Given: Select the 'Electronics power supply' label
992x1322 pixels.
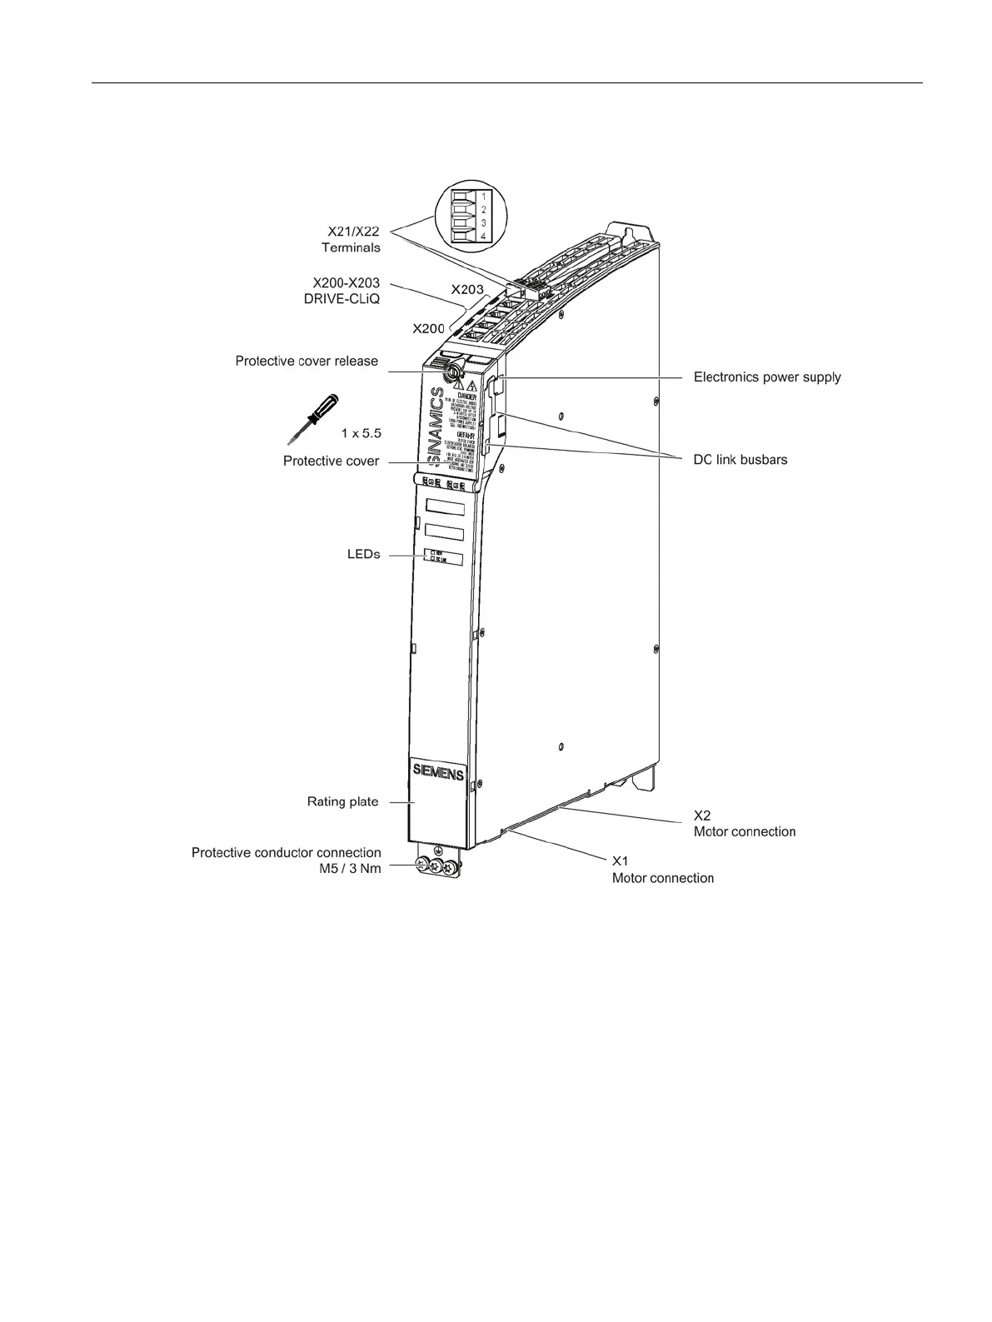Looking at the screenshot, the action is [767, 377].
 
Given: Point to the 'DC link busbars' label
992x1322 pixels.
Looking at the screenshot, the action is [740, 460].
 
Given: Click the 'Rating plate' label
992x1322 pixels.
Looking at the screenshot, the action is [342, 801].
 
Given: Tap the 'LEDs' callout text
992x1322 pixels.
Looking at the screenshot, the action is [363, 554].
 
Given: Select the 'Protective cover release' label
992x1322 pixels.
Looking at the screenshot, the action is [307, 361].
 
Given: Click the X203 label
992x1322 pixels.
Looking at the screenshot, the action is [467, 290].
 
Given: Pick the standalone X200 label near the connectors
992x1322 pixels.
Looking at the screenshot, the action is [428, 328].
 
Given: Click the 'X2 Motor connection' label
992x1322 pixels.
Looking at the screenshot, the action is [744, 823].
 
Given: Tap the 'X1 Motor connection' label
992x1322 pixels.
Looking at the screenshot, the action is [662, 870].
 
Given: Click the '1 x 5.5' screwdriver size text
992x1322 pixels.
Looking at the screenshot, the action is [361, 433].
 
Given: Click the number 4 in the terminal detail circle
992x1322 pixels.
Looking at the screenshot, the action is [484, 237].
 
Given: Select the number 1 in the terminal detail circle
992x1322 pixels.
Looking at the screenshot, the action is [484, 197].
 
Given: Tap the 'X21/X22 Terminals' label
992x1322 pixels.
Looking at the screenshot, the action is [351, 239].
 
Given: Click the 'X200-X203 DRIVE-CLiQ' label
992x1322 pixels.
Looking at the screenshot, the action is [341, 291].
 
